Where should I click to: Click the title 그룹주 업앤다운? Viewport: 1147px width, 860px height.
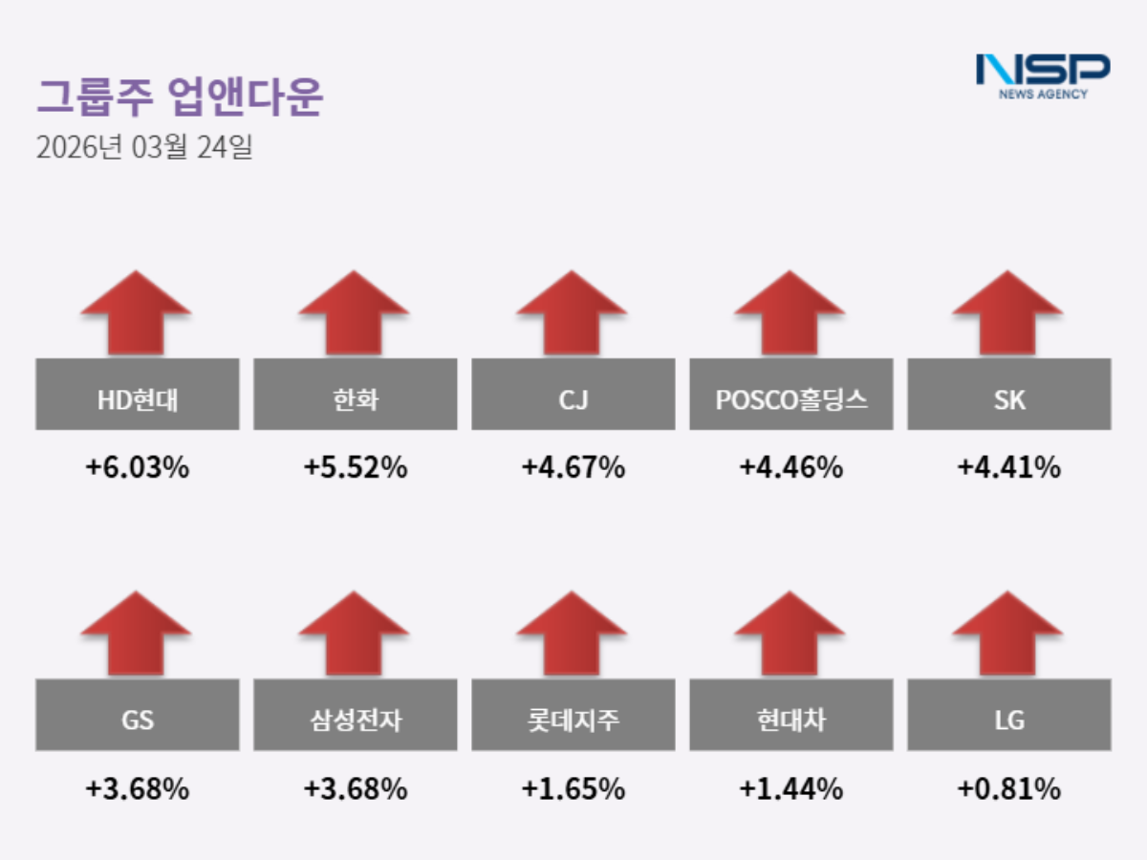pos(180,97)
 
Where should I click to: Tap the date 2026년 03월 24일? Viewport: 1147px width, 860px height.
pos(143,148)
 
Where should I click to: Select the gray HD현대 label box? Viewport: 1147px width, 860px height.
pos(138,395)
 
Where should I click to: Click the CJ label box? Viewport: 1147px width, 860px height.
pos(573,395)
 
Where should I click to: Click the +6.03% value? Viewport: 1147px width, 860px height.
pos(138,468)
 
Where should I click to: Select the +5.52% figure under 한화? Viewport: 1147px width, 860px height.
pos(356,468)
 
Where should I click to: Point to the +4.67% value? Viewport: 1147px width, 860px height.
pos(573,468)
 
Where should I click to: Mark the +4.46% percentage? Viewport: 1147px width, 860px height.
pos(791,468)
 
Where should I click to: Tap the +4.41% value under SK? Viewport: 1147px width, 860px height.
pos(1009,468)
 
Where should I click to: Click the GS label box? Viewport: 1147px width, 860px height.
pos(138,715)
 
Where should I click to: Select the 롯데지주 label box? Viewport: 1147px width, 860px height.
pos(573,715)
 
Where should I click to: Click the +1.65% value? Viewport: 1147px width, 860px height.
pos(573,789)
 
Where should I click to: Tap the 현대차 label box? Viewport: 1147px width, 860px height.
pos(791,715)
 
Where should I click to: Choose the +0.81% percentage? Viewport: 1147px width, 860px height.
pos(1009,789)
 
